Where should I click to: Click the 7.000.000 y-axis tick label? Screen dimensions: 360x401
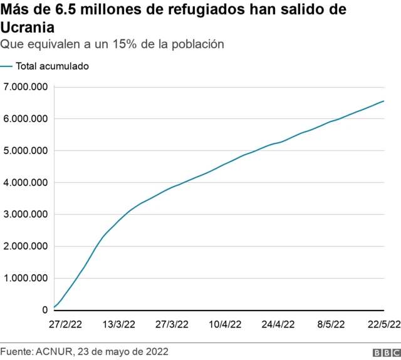26,86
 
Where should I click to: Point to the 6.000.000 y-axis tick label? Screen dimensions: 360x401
26,118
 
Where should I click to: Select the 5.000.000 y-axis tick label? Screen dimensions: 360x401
26,150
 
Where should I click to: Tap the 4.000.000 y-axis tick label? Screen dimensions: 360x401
26,182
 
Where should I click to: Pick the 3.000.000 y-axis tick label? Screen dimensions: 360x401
26,214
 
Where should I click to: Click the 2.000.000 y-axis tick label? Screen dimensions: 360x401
26,246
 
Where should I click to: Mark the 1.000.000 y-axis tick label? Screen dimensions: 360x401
26,278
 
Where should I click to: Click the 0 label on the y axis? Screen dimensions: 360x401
44,310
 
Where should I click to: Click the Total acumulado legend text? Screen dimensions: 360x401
52,66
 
